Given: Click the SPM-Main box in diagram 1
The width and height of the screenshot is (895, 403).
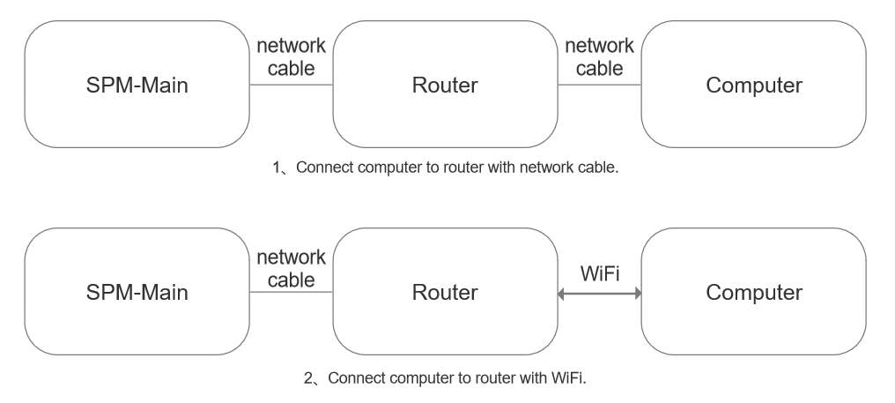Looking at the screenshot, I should pyautogui.click(x=137, y=86).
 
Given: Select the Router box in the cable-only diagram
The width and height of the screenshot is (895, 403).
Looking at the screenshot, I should pyautogui.click(x=444, y=86).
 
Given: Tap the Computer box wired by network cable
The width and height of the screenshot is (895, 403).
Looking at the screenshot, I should pyautogui.click(x=753, y=86).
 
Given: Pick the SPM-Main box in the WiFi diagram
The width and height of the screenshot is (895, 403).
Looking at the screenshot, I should pyautogui.click(x=137, y=292).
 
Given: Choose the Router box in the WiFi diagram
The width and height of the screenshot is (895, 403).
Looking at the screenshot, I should pyautogui.click(x=444, y=292).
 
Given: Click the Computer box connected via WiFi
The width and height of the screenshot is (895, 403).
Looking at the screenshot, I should pyautogui.click(x=753, y=292).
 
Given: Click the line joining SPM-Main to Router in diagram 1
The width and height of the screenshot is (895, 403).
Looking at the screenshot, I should pyautogui.click(x=292, y=86).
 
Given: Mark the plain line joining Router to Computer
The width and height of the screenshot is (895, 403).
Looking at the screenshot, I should pyautogui.click(x=599, y=86).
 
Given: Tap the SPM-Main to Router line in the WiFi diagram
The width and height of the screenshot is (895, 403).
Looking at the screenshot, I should pyautogui.click(x=292, y=292).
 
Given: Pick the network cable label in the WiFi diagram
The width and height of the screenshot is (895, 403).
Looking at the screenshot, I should pyautogui.click(x=292, y=268).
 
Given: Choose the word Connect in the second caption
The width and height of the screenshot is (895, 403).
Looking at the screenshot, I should pyautogui.click(x=351, y=379).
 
